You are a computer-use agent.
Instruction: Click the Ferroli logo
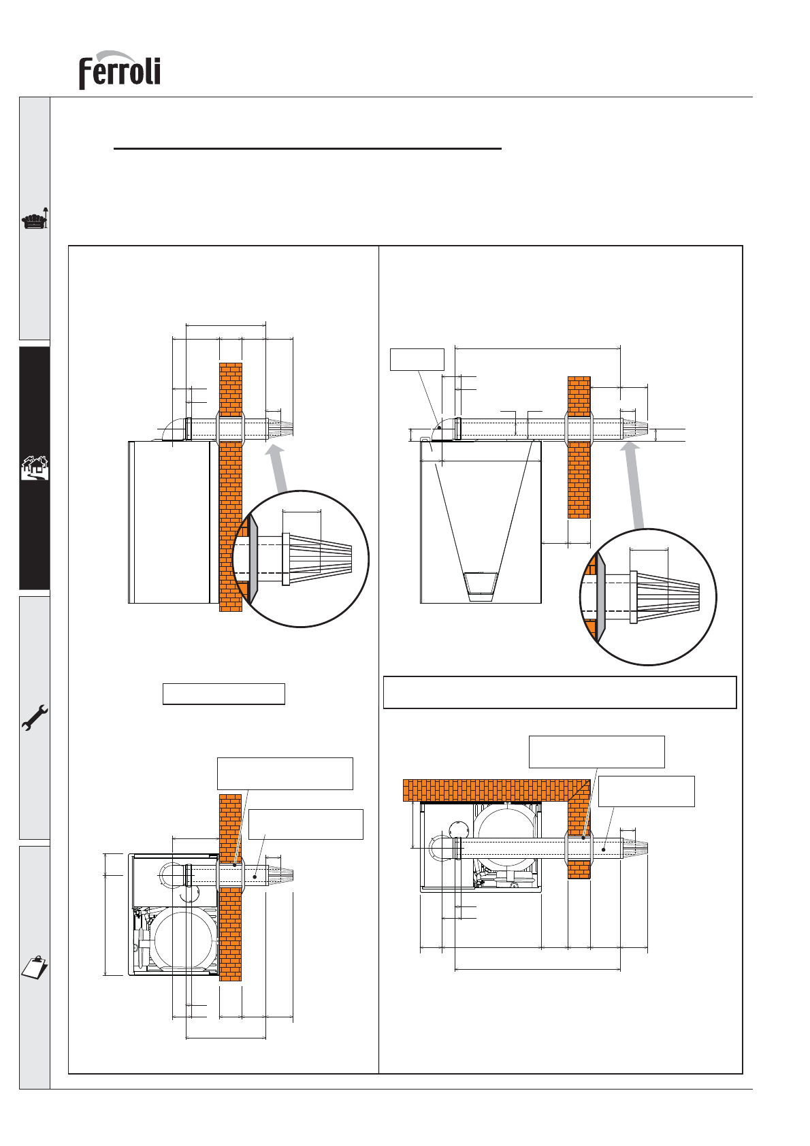(x=119, y=70)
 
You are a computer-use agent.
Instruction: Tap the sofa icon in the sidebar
(x=35, y=218)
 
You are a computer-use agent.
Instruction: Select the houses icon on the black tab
(x=35, y=468)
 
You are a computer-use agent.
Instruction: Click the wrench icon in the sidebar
(x=35, y=717)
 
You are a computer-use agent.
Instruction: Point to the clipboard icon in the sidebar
(x=35, y=966)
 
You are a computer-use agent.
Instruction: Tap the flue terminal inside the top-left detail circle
(x=317, y=559)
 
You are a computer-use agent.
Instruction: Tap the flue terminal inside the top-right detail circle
(x=664, y=597)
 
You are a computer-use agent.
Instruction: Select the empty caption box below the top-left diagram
(x=224, y=693)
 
